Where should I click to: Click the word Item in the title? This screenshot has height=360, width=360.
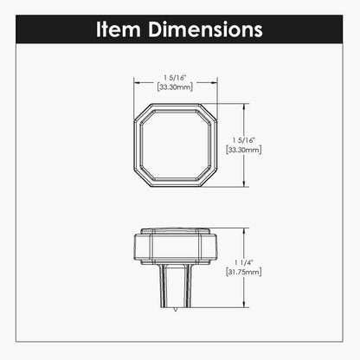click(x=119, y=29)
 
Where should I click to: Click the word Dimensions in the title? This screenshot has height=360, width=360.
click(x=205, y=29)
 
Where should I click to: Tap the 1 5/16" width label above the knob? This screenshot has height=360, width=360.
click(x=175, y=78)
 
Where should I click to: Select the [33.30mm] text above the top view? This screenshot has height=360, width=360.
click(x=175, y=87)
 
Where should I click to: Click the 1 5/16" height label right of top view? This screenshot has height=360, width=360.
click(x=244, y=140)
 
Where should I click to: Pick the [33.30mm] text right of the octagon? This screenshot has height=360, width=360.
click(x=244, y=150)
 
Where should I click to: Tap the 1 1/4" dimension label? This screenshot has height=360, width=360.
click(x=244, y=262)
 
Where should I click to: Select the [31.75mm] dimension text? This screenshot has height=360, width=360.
click(x=244, y=272)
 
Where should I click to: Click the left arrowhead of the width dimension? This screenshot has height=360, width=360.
click(x=137, y=82)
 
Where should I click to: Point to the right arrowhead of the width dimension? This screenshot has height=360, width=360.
click(x=214, y=82)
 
